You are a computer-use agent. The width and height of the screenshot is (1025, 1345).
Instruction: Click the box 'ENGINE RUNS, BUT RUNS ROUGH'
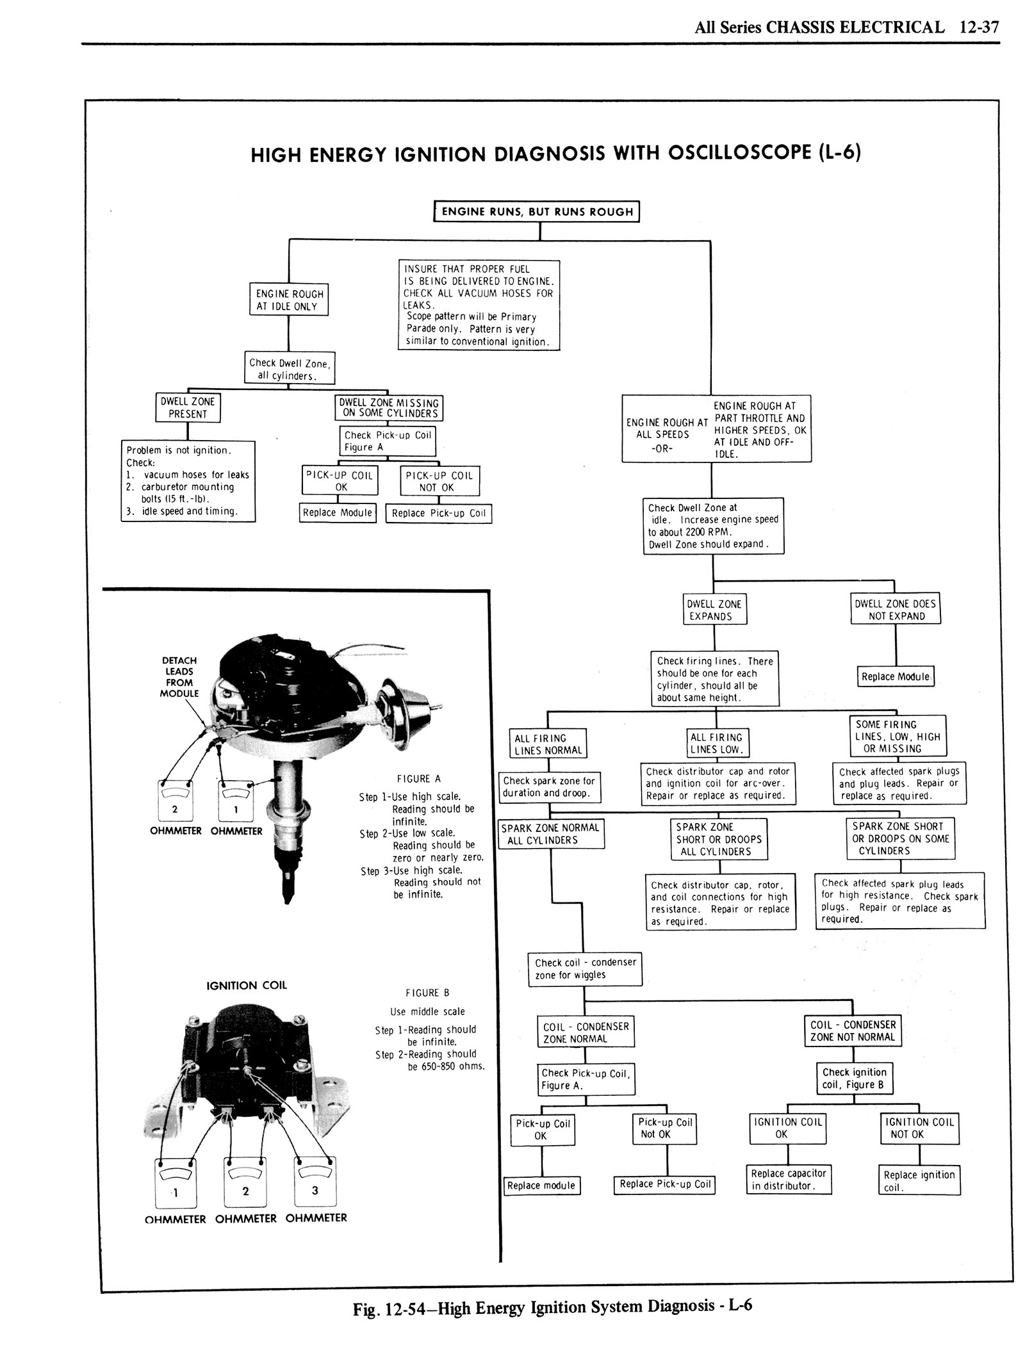click(537, 212)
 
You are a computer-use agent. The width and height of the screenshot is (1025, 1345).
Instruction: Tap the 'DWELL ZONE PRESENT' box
click(188, 408)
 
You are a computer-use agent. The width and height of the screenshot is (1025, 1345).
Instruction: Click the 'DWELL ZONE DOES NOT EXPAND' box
click(895, 610)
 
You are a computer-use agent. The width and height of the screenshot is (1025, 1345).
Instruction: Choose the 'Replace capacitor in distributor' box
click(789, 1179)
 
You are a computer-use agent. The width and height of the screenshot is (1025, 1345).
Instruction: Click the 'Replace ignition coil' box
click(919, 1180)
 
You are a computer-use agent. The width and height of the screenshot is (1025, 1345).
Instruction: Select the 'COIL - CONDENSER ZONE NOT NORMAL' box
click(852, 1031)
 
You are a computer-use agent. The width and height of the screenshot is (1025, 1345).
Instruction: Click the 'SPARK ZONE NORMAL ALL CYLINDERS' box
click(551, 834)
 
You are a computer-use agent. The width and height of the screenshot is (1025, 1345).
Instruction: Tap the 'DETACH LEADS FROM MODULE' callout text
click(179, 676)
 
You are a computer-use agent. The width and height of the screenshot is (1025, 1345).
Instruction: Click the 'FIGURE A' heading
click(419, 779)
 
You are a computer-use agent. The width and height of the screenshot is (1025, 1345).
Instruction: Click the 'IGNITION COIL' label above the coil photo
click(247, 985)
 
